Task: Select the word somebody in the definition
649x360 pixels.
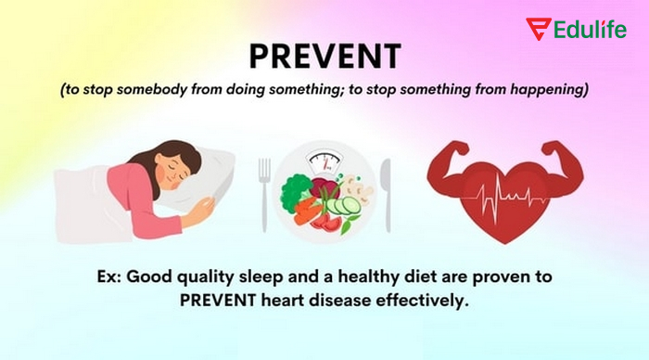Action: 157,91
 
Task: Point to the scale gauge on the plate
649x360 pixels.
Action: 324,162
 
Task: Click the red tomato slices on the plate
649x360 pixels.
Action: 325,223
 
